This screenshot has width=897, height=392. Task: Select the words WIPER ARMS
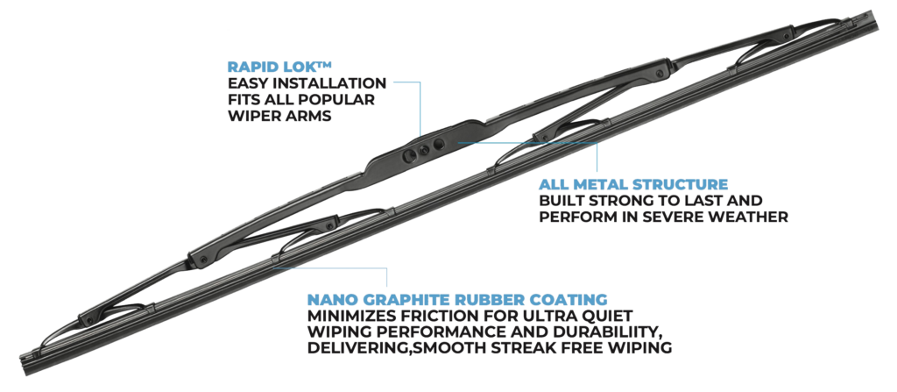279,116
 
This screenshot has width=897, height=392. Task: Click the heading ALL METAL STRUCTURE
633,184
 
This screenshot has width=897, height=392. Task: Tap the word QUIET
608,316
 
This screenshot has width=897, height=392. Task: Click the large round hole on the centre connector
439,143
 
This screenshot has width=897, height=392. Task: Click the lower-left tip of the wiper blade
23,367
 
